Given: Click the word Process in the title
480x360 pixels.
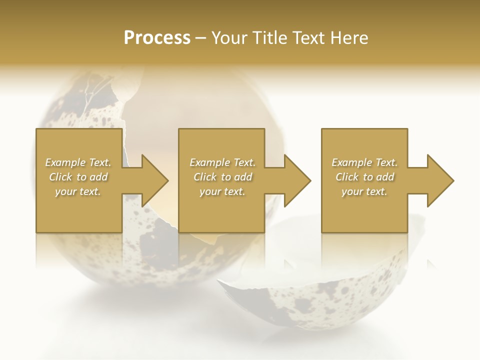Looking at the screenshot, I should point(157,38).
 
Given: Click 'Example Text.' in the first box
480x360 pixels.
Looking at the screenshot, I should point(78,162).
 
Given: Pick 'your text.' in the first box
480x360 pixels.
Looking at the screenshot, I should point(78,191).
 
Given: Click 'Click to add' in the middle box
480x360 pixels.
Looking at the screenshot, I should point(222,177).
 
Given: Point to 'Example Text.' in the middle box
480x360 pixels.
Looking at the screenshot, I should point(222,162).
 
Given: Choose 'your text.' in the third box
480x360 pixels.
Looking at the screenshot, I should point(364,191).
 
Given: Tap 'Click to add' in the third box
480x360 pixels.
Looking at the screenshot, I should point(364,177).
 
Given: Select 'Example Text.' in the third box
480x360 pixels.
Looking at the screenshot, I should point(364,162).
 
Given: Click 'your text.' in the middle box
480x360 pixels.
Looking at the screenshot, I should point(222,191).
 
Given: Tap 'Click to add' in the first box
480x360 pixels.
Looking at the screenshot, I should point(78,177).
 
